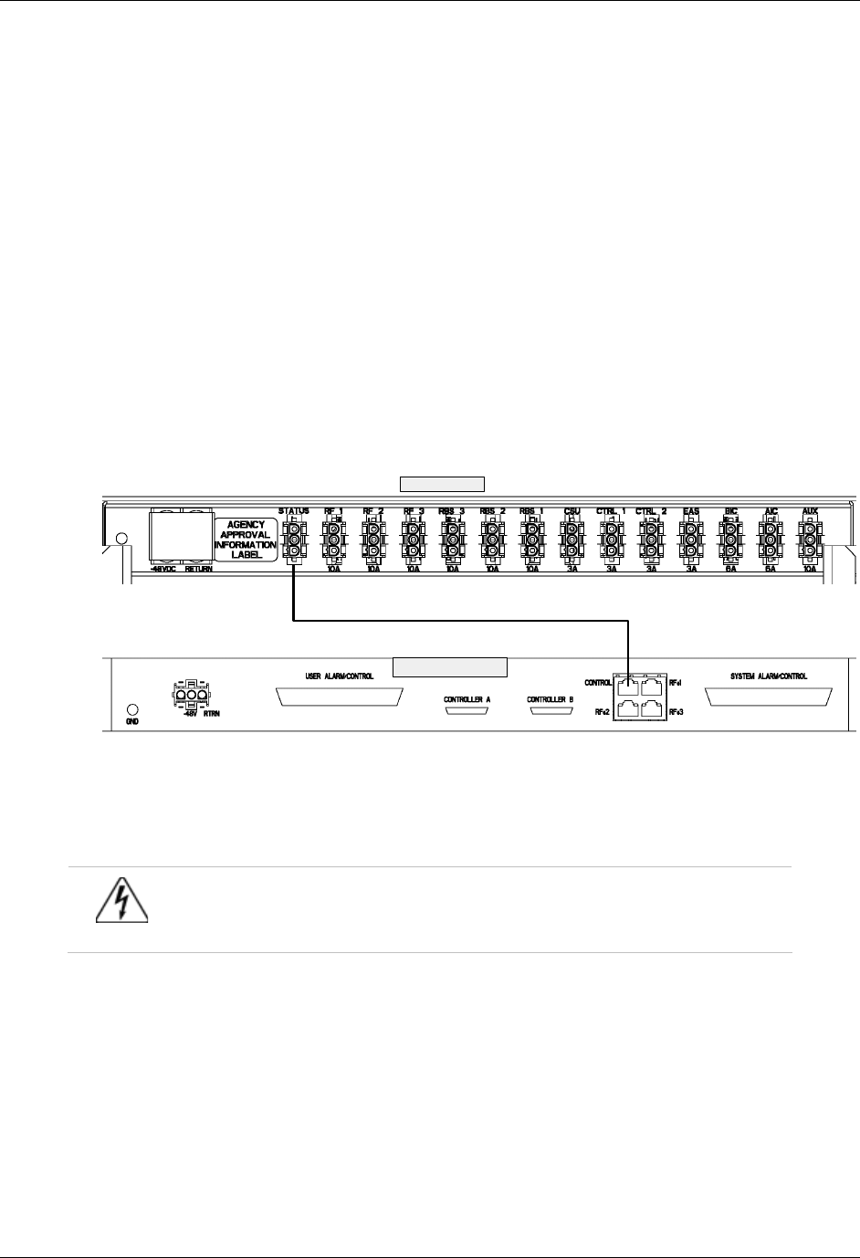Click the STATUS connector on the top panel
tap(294, 539)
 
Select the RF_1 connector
tap(334, 539)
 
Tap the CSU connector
tap(572, 539)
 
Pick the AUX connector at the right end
tap(810, 539)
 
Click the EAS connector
tap(690, 539)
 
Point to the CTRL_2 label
tap(651, 511)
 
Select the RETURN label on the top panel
tap(198, 567)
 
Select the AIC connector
tap(770, 539)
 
